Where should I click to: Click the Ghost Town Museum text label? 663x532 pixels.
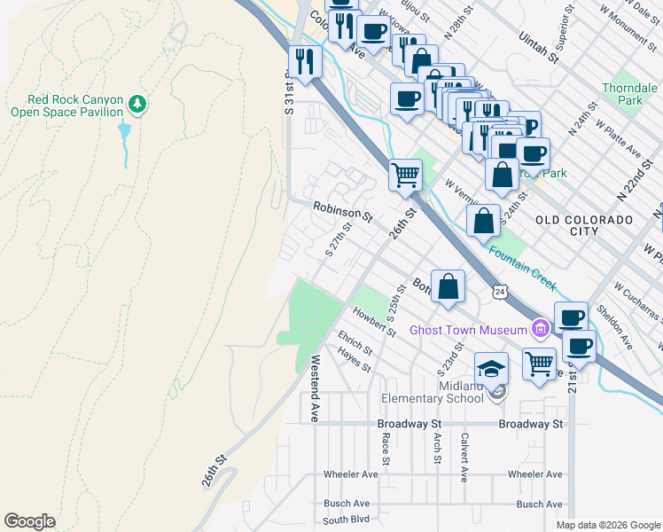(468, 331)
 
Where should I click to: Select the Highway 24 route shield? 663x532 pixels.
(502, 291)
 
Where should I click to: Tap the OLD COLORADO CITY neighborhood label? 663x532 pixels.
(584, 224)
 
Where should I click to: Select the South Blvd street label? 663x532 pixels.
(345, 520)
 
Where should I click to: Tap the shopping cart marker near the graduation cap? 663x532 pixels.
(539, 364)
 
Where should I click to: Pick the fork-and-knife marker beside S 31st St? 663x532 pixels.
(305, 62)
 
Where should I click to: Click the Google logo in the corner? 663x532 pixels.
(29, 521)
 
